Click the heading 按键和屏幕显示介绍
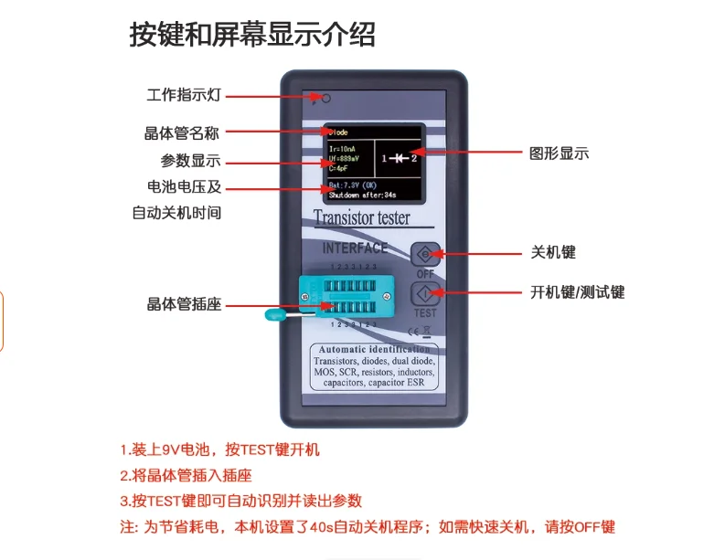[252, 34]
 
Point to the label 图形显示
[560, 153]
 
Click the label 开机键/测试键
[577, 292]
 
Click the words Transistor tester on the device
[362, 218]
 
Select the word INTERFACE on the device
[355, 248]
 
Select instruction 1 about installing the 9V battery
[219, 449]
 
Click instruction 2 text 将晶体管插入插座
[186, 475]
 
